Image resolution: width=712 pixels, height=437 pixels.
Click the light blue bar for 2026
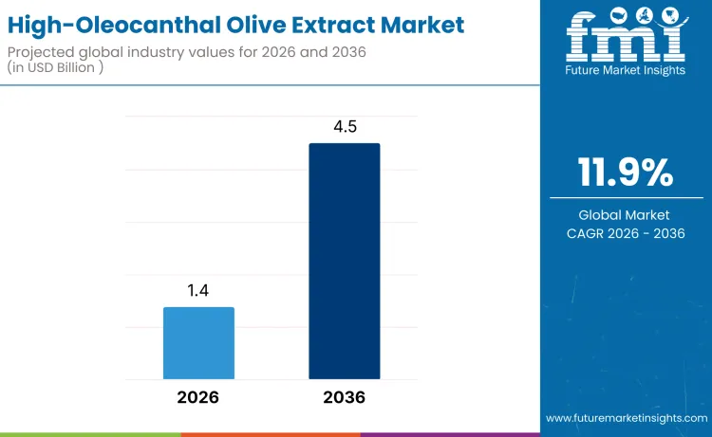(198, 342)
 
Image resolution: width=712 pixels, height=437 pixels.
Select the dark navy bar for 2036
(345, 261)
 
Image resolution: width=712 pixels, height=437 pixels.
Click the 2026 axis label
(198, 397)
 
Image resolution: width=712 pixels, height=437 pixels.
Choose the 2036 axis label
(345, 397)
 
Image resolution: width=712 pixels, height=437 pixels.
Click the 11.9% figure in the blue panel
(626, 173)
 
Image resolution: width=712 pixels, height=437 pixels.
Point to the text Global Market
(626, 215)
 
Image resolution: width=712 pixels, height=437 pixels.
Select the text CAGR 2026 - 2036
(626, 233)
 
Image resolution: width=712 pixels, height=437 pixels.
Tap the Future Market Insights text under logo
(626, 70)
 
